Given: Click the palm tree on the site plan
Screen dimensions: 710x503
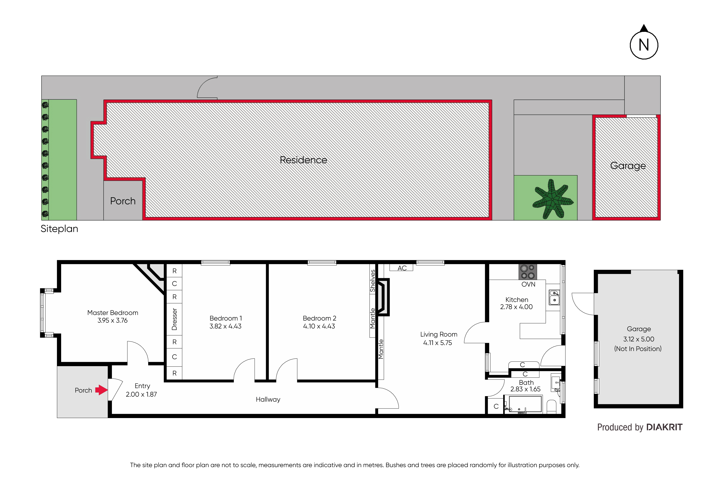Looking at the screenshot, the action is (553, 198).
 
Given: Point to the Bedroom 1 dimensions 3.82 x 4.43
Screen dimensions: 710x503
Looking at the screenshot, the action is (226, 326).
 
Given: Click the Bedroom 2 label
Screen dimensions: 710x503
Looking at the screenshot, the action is (319, 318).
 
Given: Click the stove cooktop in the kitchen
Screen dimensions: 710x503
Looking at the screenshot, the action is (528, 272).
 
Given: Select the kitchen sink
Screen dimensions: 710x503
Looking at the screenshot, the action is (554, 297).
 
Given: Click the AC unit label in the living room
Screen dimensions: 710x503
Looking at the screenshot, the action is (402, 268).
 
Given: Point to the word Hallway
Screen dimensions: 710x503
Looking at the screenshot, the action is (268, 400).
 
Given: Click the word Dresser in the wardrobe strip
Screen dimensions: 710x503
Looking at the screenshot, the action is (174, 319).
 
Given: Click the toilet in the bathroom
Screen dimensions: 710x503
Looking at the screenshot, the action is (552, 407).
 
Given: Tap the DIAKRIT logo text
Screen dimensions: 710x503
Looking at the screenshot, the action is (664, 427).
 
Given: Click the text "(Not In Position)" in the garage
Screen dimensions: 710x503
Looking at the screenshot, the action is (638, 349).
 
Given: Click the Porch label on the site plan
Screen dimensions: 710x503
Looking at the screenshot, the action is (123, 201).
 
